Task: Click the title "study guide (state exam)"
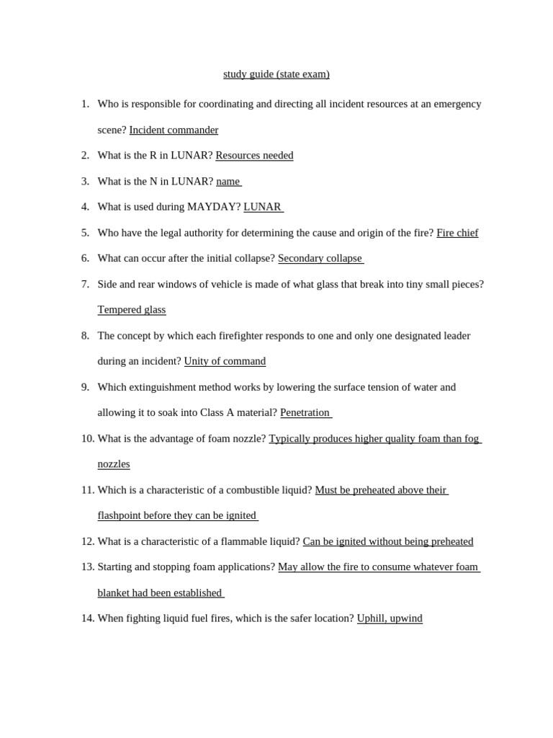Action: [x=276, y=74]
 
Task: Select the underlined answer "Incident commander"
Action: [x=174, y=130]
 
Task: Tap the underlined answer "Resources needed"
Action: [x=254, y=156]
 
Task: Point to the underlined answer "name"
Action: [x=228, y=182]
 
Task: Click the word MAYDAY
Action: [x=213, y=207]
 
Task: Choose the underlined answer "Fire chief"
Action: [x=457, y=233]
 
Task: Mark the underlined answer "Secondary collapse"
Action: [x=320, y=259]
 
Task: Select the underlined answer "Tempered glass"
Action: [x=132, y=310]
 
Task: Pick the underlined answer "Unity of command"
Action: [x=225, y=361]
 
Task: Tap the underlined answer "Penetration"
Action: [x=305, y=413]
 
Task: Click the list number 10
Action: [x=88, y=438]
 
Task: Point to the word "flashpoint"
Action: [x=120, y=516]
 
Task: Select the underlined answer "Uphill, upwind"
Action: [x=390, y=618]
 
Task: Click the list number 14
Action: [x=88, y=618]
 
